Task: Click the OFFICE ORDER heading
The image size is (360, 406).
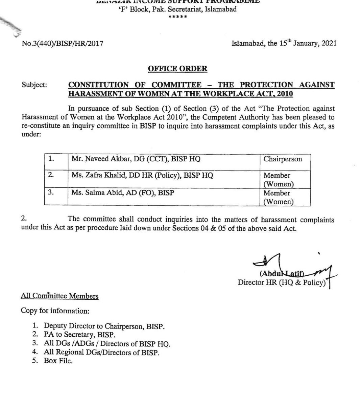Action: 177,69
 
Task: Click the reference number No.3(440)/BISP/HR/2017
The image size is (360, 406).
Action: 63,43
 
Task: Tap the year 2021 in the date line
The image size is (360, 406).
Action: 329,43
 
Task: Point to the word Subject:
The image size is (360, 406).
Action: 34,85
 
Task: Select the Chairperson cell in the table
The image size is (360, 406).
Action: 283,159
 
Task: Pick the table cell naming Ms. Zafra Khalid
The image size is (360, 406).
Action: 142,176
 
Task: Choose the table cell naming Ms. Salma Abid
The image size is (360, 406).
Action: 123,193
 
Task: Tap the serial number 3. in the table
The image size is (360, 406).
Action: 51,192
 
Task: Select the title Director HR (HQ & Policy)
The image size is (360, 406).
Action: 282,283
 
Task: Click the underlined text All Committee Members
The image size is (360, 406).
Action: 59,296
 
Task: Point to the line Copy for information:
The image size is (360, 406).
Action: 55,311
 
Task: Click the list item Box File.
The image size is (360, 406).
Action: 58,361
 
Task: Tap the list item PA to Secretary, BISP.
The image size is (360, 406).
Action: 79,335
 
